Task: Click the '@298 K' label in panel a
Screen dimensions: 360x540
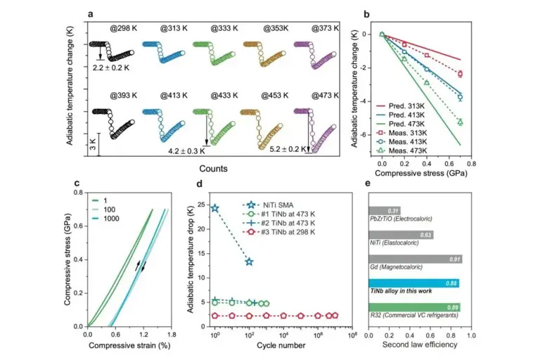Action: pyautogui.click(x=123, y=28)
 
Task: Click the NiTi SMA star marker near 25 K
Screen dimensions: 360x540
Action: pyautogui.click(x=215, y=209)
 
